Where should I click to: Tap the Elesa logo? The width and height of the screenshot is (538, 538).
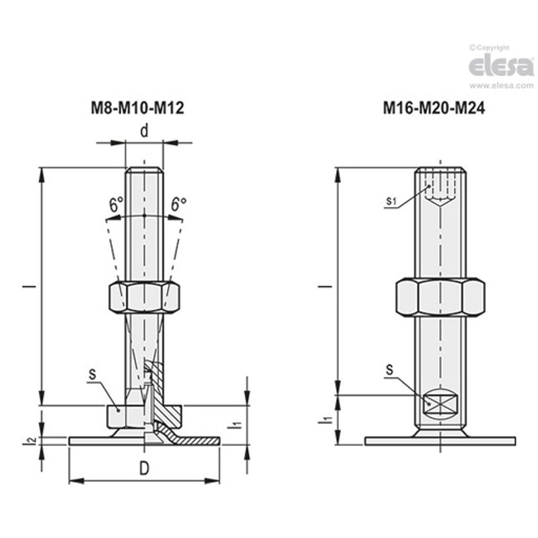point(501,66)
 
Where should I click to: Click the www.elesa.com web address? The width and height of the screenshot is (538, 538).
point(501,86)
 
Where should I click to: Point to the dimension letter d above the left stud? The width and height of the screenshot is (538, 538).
point(144,131)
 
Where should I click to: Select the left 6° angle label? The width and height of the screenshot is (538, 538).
point(116,205)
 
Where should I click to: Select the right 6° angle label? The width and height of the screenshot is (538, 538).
point(179,204)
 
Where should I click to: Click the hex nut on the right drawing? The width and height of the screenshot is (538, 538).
point(440,297)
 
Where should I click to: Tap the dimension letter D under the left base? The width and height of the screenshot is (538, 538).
point(144,469)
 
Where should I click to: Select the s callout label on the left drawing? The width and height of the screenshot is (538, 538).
point(92,374)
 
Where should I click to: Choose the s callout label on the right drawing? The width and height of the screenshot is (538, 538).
point(389,370)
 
